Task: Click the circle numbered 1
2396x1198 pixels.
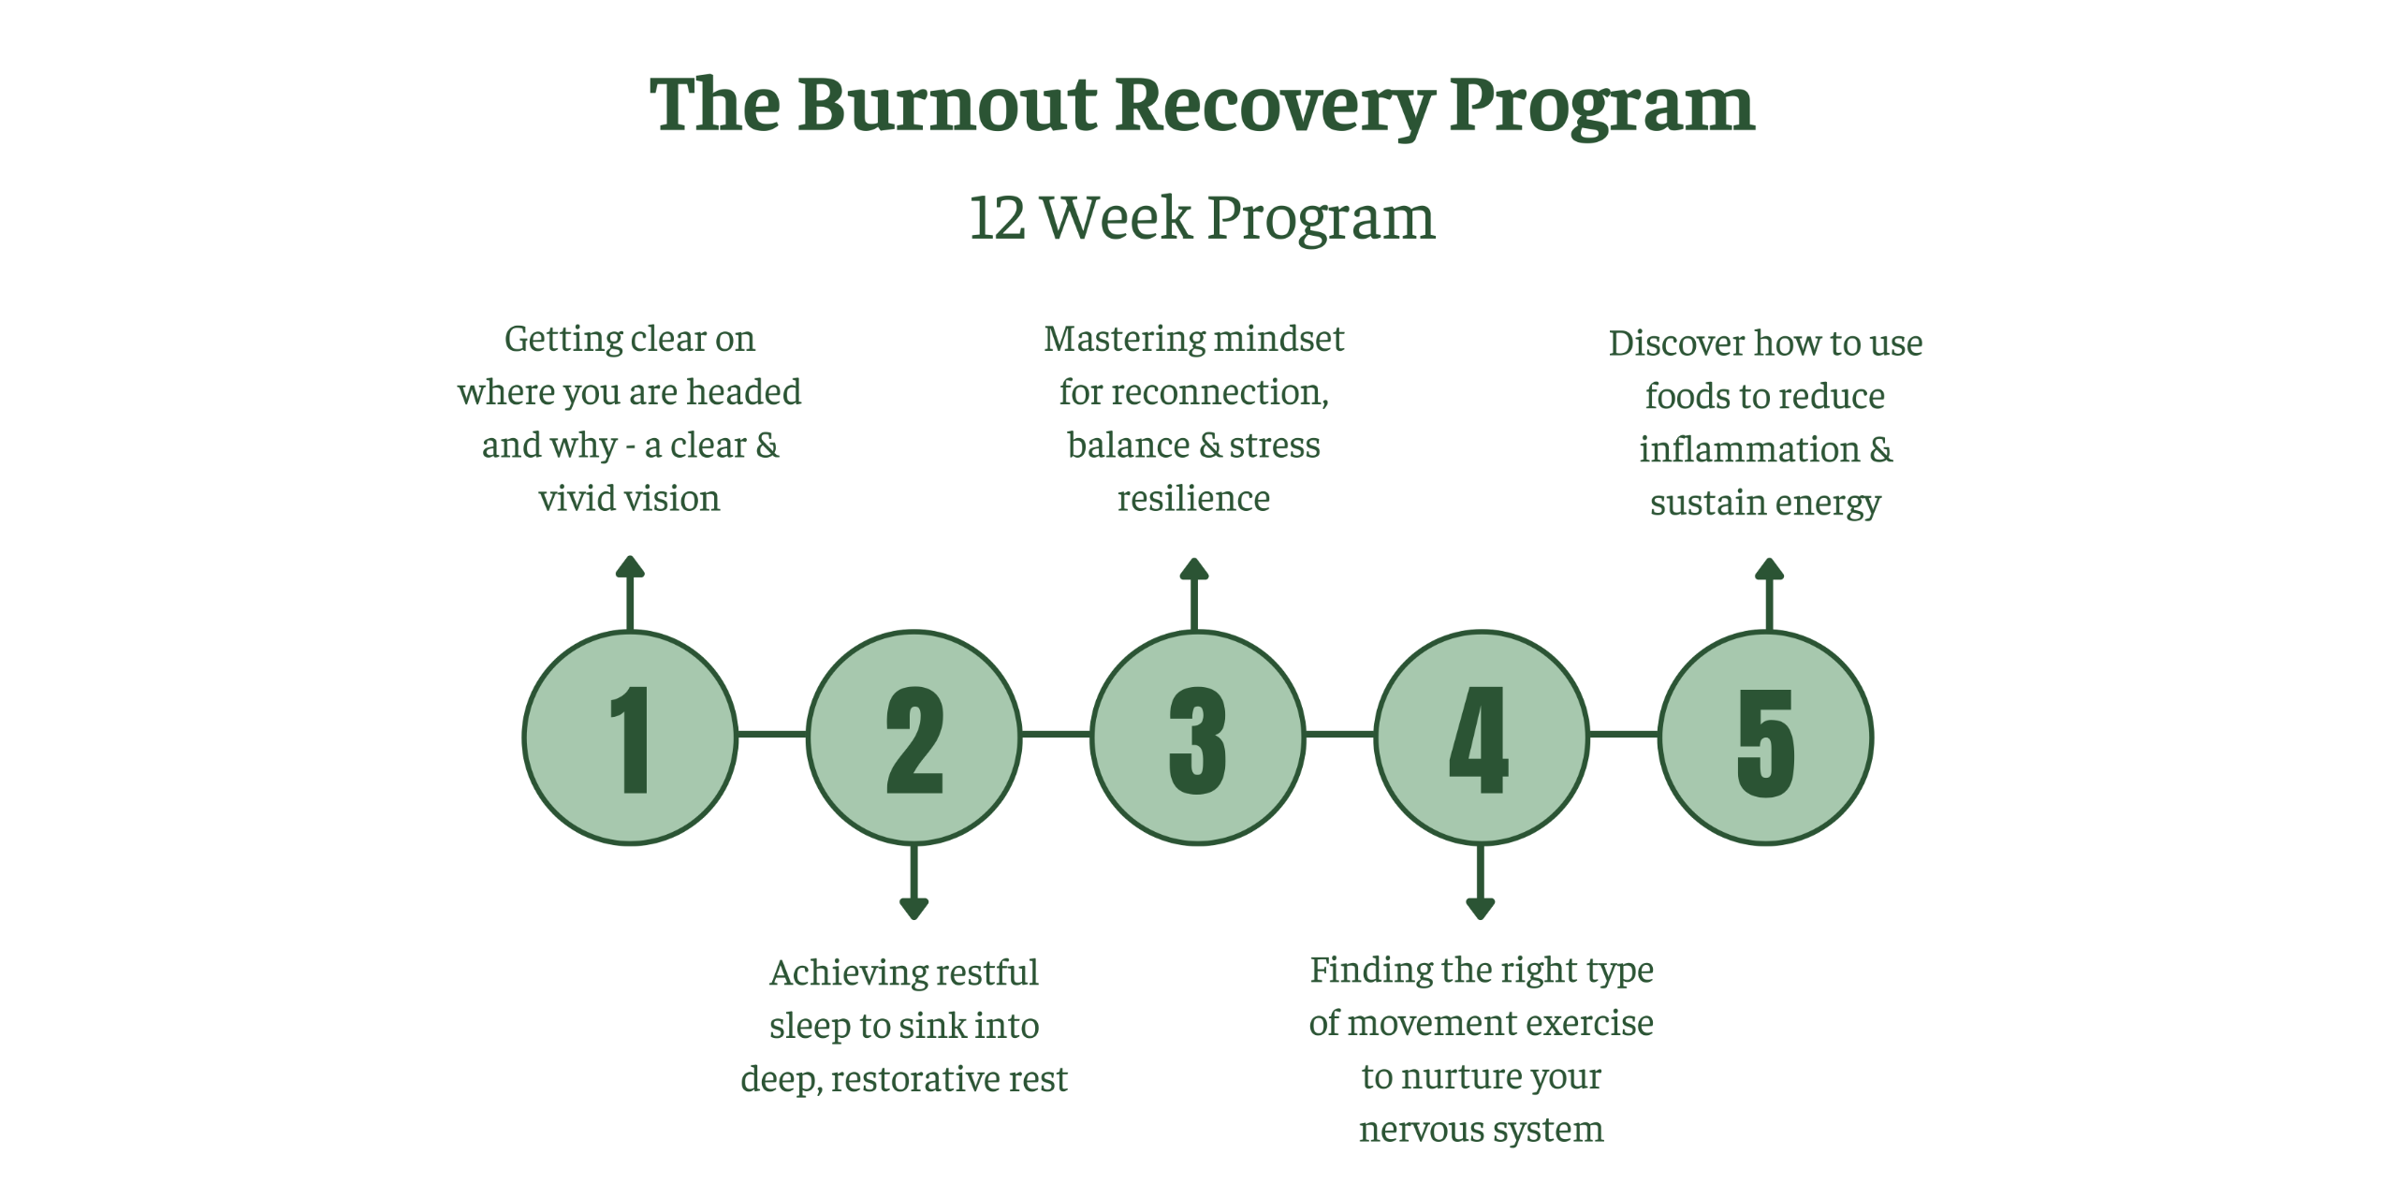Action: coord(630,738)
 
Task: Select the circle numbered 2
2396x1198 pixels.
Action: coord(913,738)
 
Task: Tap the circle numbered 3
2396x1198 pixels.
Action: coord(1197,738)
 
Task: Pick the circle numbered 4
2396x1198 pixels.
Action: coord(1481,738)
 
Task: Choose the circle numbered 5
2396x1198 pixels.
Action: coord(1765,738)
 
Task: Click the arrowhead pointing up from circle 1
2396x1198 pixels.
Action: coord(630,566)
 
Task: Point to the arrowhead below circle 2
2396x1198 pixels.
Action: coord(913,908)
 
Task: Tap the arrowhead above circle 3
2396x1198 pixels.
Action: coord(1194,569)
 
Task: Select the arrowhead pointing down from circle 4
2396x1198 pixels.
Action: coord(1480,908)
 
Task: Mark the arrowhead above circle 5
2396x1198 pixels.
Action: coord(1769,569)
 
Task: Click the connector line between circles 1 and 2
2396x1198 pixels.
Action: coord(772,735)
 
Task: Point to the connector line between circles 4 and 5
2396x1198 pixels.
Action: coord(1623,735)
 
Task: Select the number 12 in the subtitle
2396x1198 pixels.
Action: coord(997,218)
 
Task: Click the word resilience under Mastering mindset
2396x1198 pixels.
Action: coord(1193,498)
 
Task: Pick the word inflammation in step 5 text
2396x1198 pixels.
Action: coord(1749,449)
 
